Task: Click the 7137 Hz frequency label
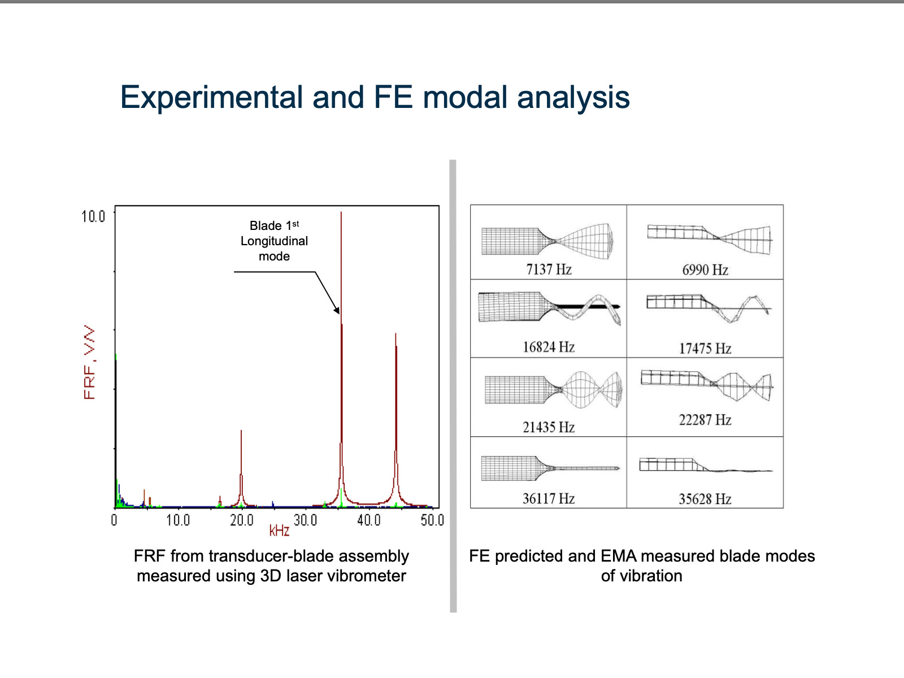tap(549, 270)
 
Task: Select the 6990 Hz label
tap(705, 270)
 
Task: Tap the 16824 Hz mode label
tap(549, 347)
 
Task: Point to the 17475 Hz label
tap(705, 349)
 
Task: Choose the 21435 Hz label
tap(549, 427)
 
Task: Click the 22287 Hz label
tap(705, 420)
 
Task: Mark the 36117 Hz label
tap(549, 498)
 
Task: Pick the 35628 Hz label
tap(705, 499)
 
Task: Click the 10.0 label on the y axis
tap(93, 216)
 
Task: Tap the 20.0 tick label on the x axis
tap(242, 520)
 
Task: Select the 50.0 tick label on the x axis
tap(432, 520)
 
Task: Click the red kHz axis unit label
tap(279, 531)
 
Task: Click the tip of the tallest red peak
tap(341, 212)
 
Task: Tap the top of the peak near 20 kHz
tap(241, 431)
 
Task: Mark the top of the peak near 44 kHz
tap(395, 333)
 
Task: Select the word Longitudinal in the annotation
tap(274, 241)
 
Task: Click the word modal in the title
tap(464, 97)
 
